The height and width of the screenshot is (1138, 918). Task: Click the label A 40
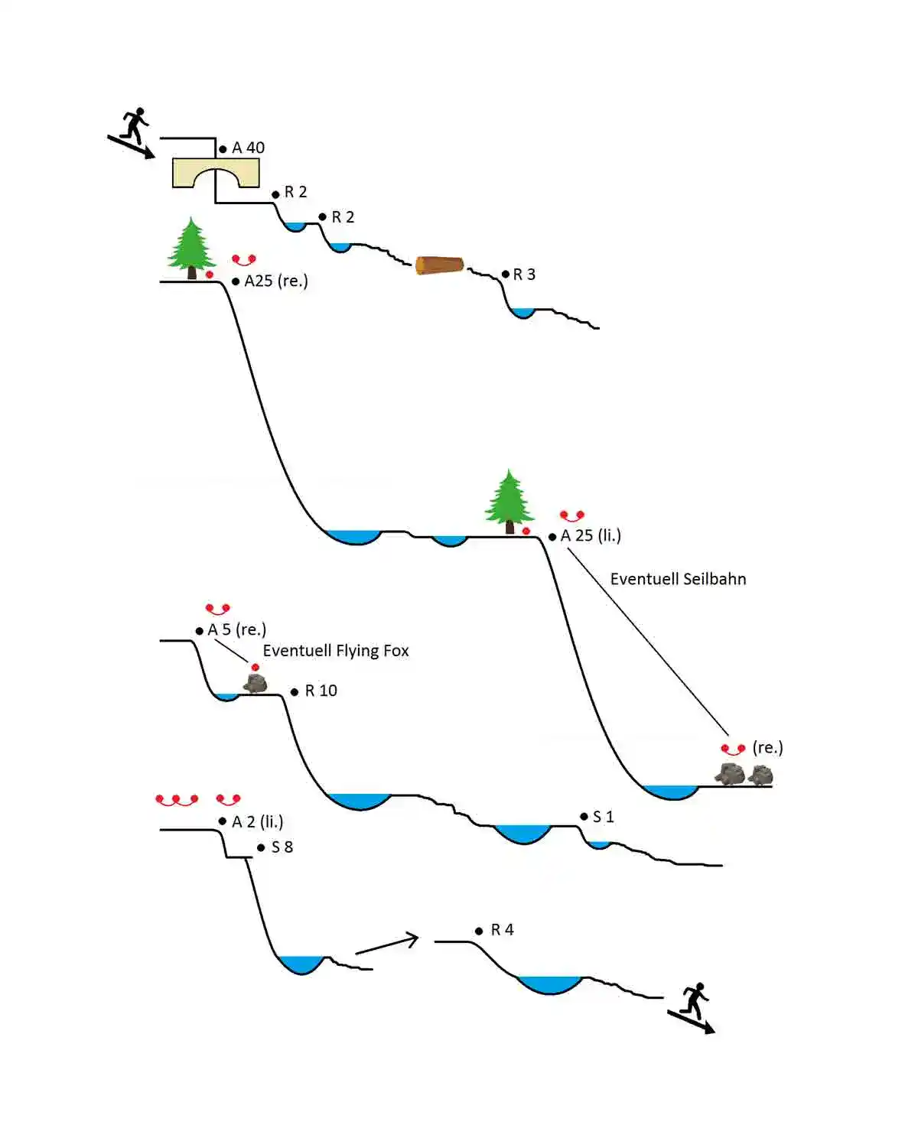point(248,148)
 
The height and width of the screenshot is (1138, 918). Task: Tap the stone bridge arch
point(216,174)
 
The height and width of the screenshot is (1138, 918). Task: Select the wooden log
point(439,265)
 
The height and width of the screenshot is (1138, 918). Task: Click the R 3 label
point(524,275)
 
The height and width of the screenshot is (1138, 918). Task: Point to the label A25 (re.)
point(275,281)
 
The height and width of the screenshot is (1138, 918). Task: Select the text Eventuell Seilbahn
point(678,579)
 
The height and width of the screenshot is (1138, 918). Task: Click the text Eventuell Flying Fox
point(336,651)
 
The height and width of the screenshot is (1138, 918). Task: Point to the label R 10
point(321,691)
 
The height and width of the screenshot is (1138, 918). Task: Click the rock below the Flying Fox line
point(256,683)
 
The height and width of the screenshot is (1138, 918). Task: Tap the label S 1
point(603,817)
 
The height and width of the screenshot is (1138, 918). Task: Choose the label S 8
point(282,847)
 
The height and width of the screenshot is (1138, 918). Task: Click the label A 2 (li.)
point(257,822)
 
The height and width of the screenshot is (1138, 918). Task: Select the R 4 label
point(502,930)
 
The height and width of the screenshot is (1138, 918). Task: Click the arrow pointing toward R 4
point(388,945)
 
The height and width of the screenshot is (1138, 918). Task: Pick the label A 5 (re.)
point(236,629)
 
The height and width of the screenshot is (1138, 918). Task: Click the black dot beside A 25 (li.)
point(552,537)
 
